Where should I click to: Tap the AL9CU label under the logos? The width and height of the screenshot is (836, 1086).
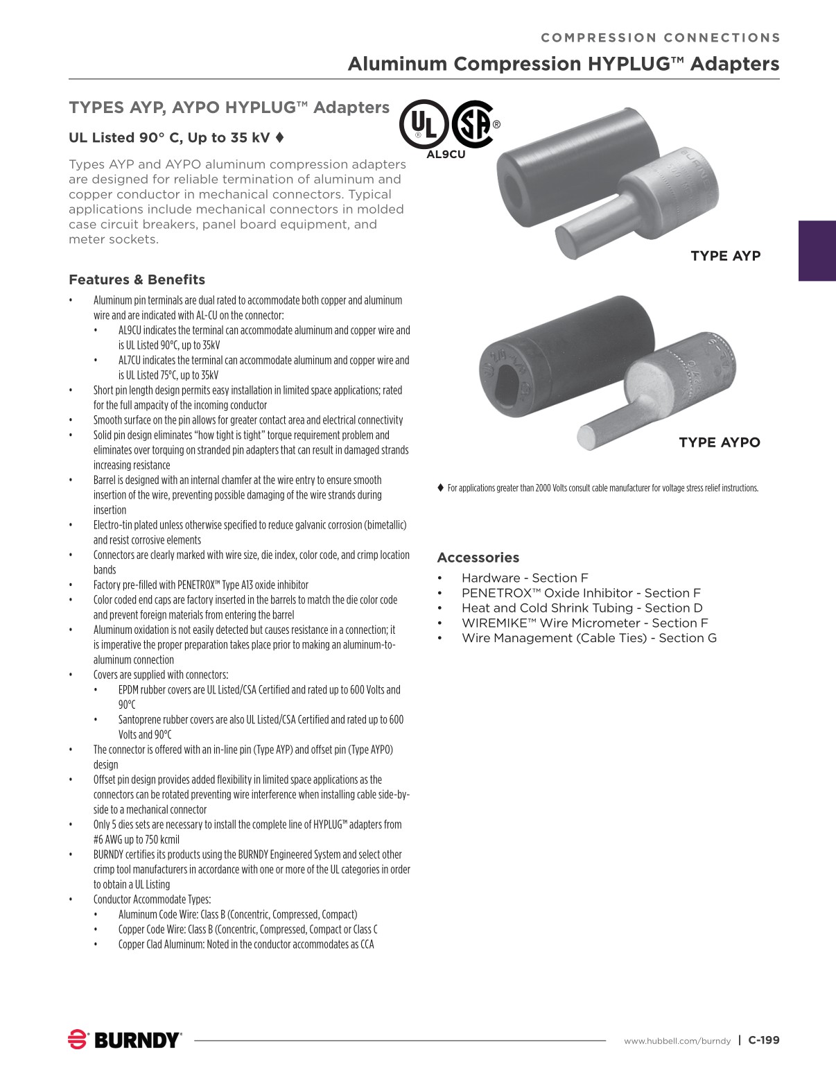coord(446,155)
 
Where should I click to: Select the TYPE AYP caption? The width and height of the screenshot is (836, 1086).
coord(725,256)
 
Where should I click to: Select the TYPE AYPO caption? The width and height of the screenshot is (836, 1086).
coord(719,442)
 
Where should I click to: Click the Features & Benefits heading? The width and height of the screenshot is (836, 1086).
coord(137,280)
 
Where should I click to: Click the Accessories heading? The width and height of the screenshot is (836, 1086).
coord(478,558)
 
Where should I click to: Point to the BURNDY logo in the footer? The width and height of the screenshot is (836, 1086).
coord(125,1040)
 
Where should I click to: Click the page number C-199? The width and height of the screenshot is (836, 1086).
coord(764,1040)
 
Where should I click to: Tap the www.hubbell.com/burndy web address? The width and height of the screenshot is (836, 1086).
coord(677,1041)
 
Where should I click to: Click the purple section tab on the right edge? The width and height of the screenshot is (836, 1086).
coord(817,250)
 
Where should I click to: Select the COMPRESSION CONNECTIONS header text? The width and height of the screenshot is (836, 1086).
coord(660,38)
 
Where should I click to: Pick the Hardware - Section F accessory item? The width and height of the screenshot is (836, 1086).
coord(524,578)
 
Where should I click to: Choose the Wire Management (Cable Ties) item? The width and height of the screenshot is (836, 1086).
coord(589,638)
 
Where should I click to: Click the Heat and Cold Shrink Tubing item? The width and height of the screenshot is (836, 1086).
coord(582,608)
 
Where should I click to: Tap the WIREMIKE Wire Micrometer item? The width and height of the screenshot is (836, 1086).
coord(584,623)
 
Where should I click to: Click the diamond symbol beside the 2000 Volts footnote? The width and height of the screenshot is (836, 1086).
coord(440,488)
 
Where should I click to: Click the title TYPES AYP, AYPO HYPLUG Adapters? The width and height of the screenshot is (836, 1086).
coord(229,107)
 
